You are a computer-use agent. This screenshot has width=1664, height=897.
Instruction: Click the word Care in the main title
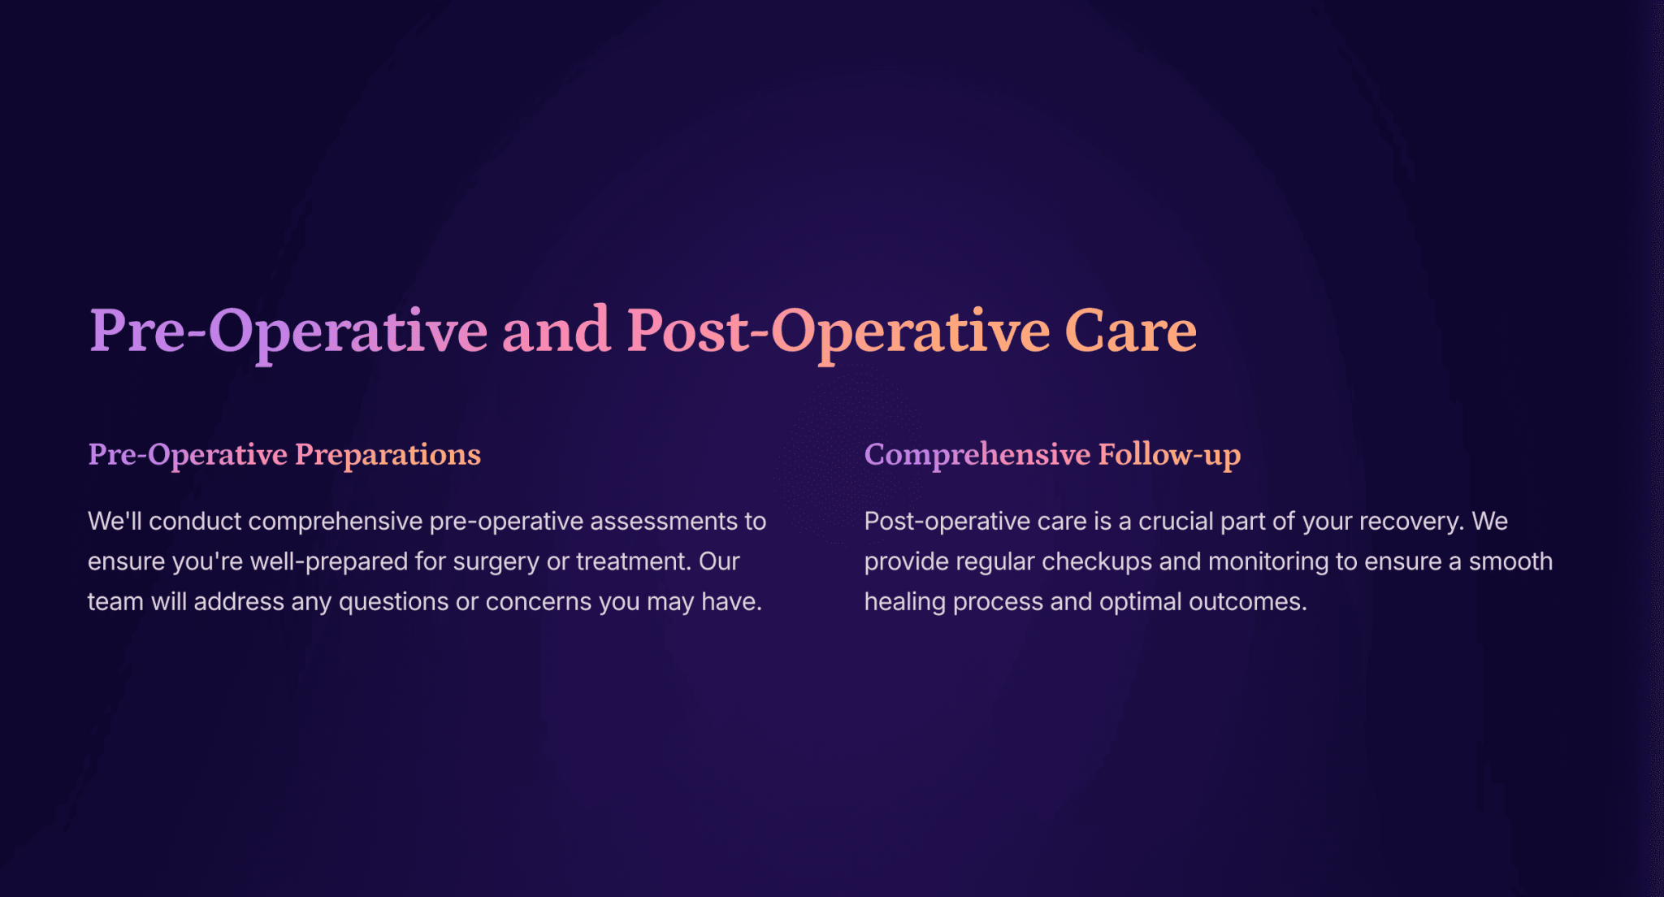[1130, 331]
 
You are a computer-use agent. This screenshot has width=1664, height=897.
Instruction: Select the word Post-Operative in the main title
[838, 333]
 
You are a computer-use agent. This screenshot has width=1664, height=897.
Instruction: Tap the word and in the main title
[557, 329]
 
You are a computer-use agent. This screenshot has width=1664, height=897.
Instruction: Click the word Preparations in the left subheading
[388, 455]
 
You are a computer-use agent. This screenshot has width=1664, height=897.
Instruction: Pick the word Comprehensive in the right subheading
[977, 455]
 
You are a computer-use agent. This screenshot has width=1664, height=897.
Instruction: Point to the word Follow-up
[1170, 455]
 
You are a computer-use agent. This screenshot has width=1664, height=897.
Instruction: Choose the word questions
[393, 602]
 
